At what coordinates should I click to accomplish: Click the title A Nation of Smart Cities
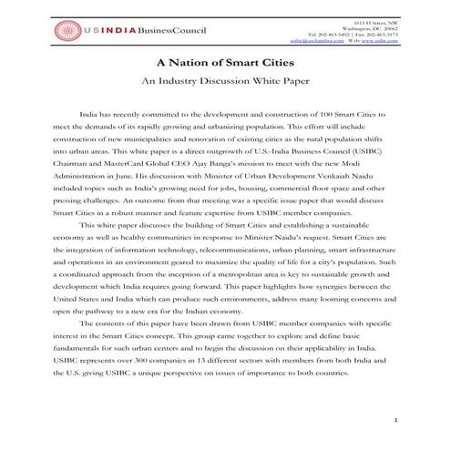click(225, 64)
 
